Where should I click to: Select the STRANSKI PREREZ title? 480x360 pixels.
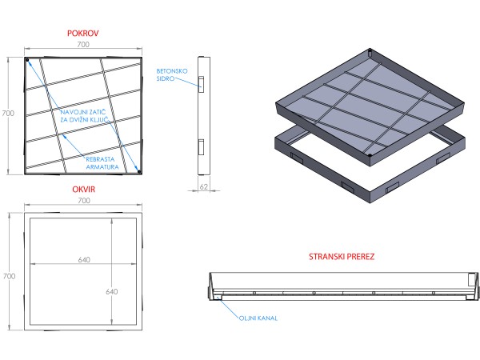pyautogui.click(x=342, y=258)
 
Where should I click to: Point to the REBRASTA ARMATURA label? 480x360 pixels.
pyautogui.click(x=105, y=163)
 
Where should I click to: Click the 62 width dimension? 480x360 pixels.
pyautogui.click(x=203, y=186)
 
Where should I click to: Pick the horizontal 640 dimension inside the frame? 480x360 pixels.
pyautogui.click(x=84, y=259)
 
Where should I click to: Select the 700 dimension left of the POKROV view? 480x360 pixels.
pyautogui.click(x=7, y=114)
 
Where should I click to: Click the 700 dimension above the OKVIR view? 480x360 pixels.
pyautogui.click(x=84, y=202)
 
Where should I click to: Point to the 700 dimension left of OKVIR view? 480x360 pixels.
pyautogui.click(x=7, y=275)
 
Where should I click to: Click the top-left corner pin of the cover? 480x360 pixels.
pyautogui.click(x=27, y=61)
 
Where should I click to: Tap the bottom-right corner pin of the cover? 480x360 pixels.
pyautogui.click(x=138, y=170)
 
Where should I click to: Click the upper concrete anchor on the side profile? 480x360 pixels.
pyautogui.click(x=202, y=83)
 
